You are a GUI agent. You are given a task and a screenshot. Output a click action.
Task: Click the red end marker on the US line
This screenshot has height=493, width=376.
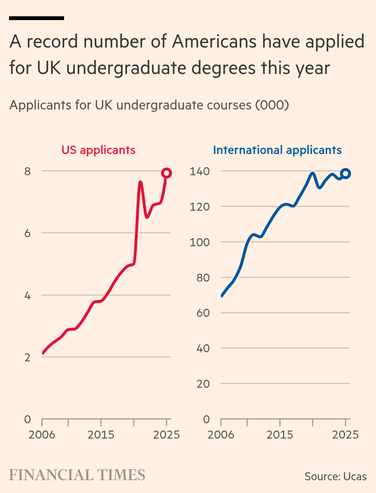point(167,173)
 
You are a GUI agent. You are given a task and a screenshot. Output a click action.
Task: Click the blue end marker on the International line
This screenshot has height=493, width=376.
point(346,173)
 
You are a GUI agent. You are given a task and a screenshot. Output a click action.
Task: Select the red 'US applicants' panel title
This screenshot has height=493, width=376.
point(98,150)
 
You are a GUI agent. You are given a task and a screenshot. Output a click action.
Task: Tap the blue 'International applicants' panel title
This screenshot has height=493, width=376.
point(277,150)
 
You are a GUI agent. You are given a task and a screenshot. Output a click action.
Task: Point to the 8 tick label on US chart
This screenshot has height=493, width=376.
point(28,171)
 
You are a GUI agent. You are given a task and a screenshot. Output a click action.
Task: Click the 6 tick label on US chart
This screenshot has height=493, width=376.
point(28,233)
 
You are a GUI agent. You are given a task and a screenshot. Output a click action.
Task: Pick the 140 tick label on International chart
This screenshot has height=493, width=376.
point(199,171)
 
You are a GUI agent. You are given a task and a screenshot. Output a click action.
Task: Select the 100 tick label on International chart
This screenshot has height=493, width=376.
point(199,242)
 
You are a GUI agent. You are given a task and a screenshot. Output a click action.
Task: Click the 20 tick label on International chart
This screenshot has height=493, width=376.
point(203,384)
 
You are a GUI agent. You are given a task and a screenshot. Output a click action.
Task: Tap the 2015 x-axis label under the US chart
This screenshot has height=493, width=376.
point(101,435)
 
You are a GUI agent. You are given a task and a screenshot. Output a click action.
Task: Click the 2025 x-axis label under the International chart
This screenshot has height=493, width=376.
point(345,435)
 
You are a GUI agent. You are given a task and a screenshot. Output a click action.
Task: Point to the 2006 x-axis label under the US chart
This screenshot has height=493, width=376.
point(42,435)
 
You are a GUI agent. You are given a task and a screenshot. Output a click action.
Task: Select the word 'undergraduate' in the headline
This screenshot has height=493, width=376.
point(126,68)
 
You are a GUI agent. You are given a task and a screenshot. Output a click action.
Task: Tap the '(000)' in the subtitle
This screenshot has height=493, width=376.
point(272,105)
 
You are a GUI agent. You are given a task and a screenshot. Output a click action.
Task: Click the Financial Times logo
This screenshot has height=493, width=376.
point(77,475)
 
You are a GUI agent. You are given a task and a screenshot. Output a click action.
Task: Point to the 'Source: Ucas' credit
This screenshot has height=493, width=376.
point(335,476)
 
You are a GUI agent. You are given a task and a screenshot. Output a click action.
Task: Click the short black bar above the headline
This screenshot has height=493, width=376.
point(37,18)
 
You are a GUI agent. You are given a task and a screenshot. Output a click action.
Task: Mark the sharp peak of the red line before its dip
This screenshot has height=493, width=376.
point(140,182)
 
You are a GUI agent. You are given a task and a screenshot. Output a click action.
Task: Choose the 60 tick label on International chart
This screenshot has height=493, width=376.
point(203,313)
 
